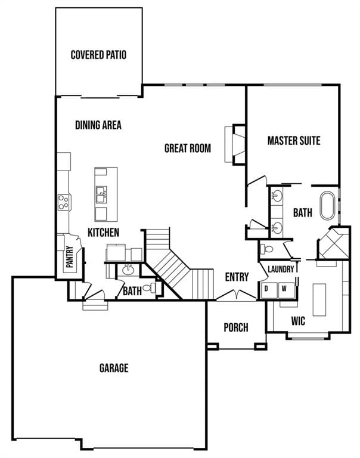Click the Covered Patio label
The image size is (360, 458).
click(98, 55)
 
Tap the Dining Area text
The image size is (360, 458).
click(98, 125)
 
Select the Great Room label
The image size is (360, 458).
click(187, 148)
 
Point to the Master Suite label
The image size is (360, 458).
click(293, 141)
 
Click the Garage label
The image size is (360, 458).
click(113, 368)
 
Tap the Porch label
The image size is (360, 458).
click(235, 327)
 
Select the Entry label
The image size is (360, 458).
click(237, 277)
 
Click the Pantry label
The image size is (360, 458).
click(69, 258)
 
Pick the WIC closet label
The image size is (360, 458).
click(298, 321)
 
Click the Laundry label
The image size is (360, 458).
click(281, 270)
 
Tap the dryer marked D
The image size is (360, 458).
click(266, 289)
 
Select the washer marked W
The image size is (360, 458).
click(284, 289)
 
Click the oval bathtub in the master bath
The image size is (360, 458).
click(328, 206)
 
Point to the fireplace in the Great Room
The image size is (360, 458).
click(237, 144)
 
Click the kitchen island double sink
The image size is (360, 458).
click(101, 193)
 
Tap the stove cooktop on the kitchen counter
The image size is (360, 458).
click(64, 202)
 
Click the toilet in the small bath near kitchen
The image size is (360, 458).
click(149, 288)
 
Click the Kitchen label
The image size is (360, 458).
click(104, 232)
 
